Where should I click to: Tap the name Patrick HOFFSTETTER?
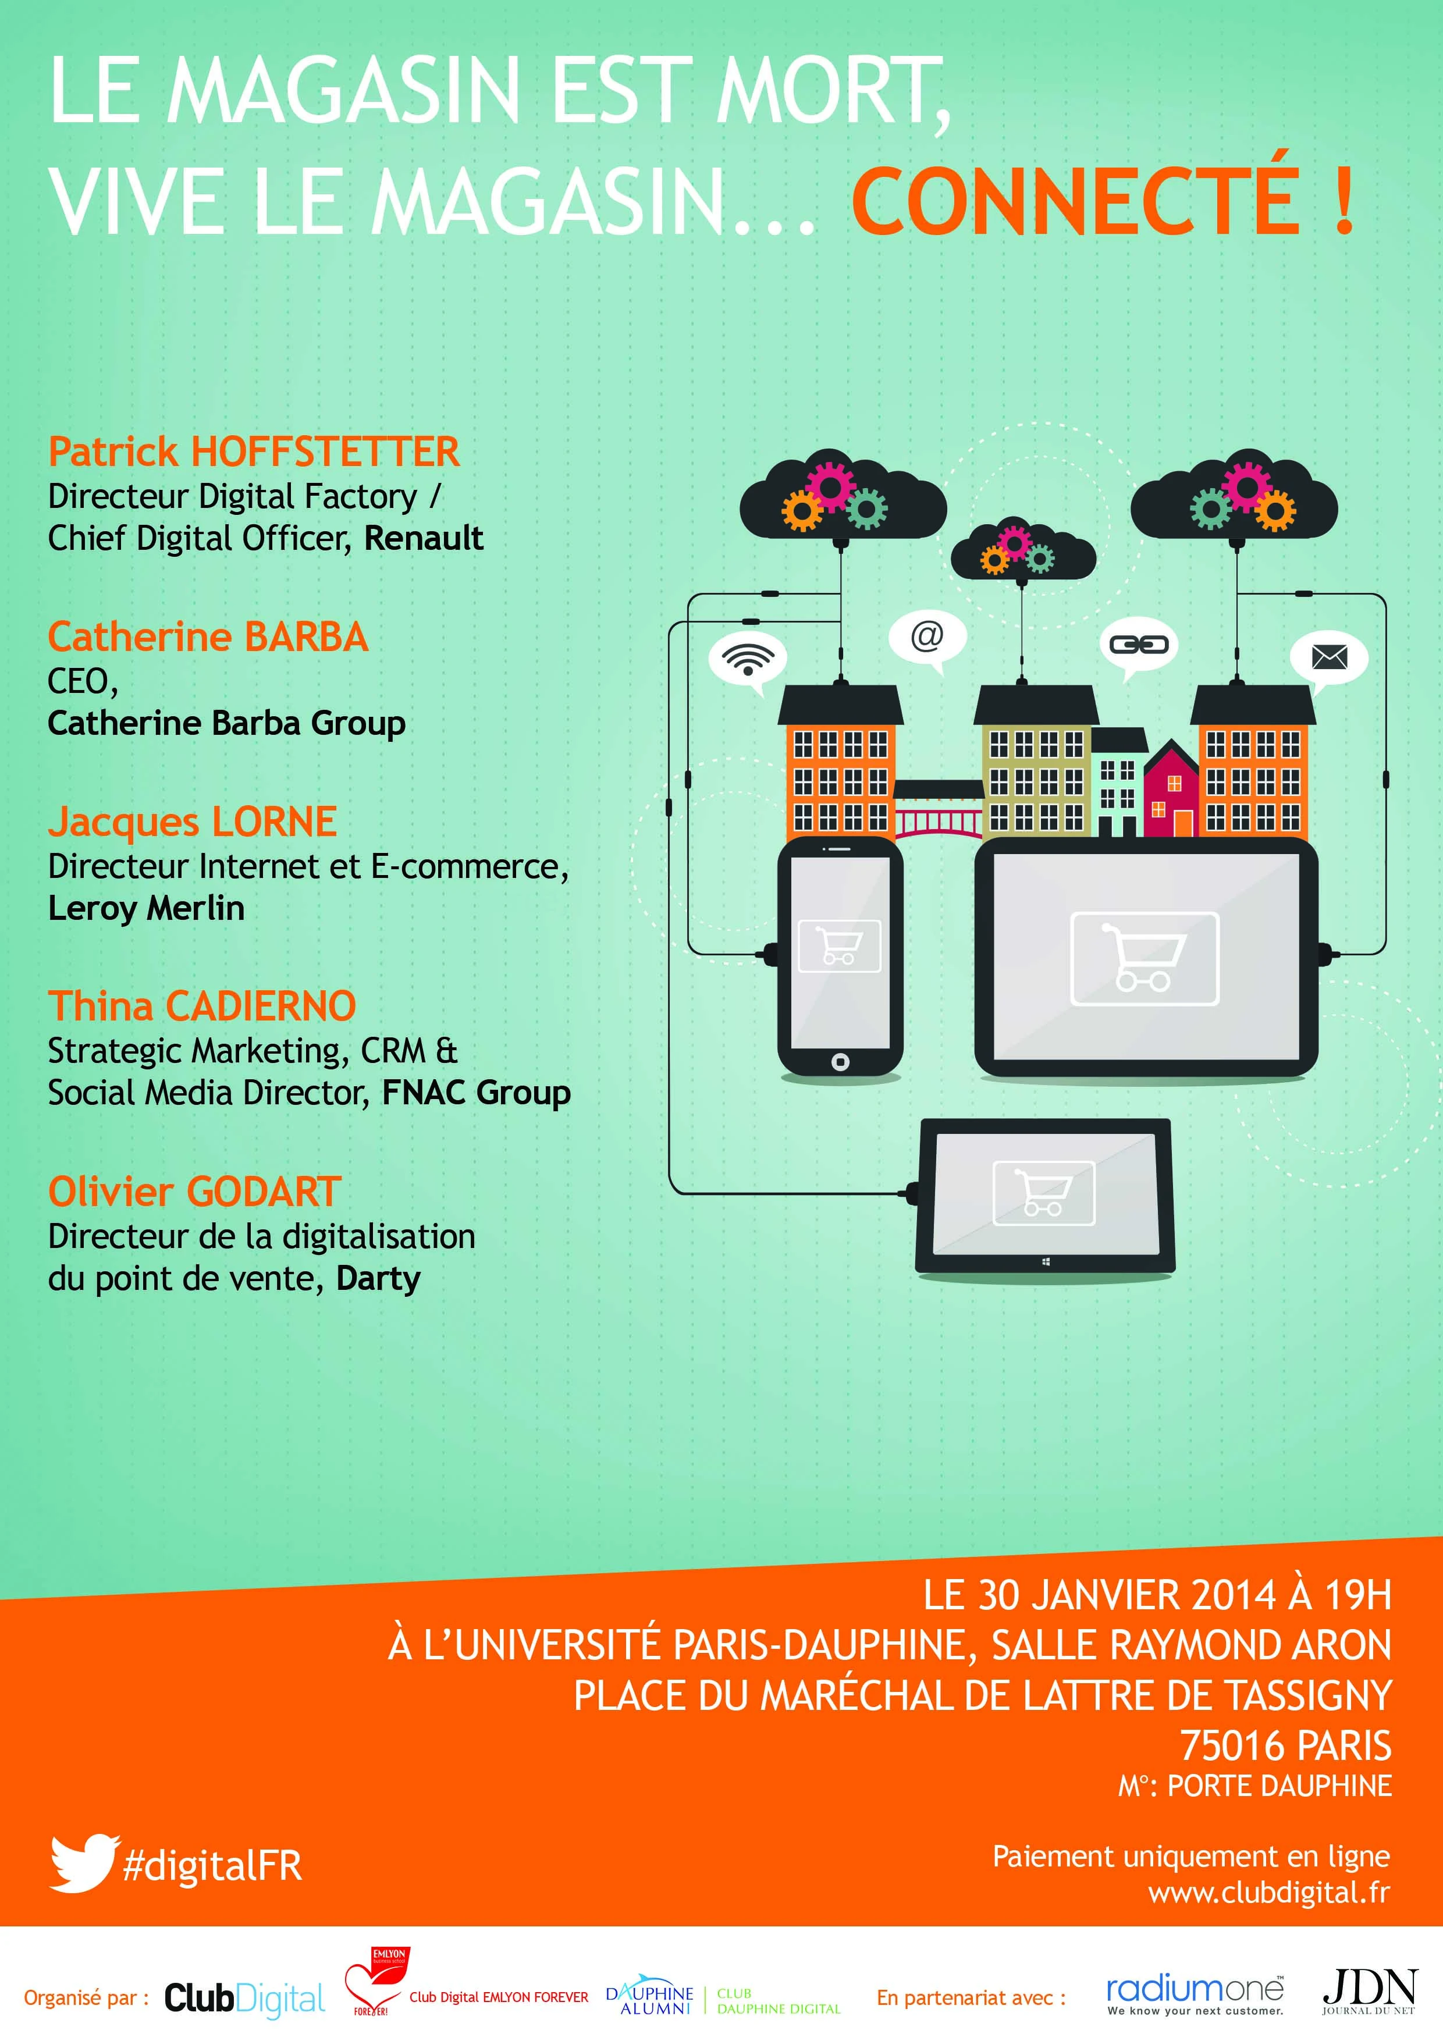coord(253,451)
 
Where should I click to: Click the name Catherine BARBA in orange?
coord(208,637)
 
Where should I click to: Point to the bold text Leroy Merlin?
coord(146,908)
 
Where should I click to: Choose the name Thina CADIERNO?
coord(202,1007)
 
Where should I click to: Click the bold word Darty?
coord(378,1279)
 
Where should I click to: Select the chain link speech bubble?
coord(1139,646)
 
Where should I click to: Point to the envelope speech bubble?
coord(1329,659)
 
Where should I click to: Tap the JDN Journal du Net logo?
coord(1369,1991)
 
